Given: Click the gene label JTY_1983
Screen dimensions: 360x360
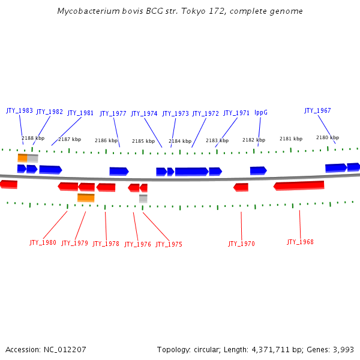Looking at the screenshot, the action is point(19,110).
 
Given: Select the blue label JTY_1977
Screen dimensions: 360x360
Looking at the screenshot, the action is point(113,113).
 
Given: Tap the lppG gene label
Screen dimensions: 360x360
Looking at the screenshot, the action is point(260,112).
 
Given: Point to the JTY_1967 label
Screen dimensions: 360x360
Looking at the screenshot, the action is point(317,110).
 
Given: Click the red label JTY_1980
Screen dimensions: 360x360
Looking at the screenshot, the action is point(43,243).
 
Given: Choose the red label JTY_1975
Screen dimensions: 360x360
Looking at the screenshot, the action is point(169,244).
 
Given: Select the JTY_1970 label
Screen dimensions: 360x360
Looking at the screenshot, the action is point(241,244).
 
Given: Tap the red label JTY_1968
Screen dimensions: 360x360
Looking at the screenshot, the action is point(300,242).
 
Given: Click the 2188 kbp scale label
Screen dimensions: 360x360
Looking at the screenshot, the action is point(33,138).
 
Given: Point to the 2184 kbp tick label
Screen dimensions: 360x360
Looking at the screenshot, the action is point(179,141).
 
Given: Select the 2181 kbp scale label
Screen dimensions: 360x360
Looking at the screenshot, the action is point(291,139).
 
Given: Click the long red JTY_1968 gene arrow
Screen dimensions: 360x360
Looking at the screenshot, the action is point(299,185).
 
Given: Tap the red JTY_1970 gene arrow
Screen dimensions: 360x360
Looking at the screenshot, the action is point(241,187).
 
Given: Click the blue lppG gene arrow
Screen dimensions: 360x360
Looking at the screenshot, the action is point(258,170).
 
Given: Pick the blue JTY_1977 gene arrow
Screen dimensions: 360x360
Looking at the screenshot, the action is point(119,171).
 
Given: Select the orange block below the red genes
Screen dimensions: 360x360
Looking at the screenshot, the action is point(86,197).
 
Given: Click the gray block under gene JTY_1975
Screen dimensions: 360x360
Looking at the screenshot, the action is point(143,198).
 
